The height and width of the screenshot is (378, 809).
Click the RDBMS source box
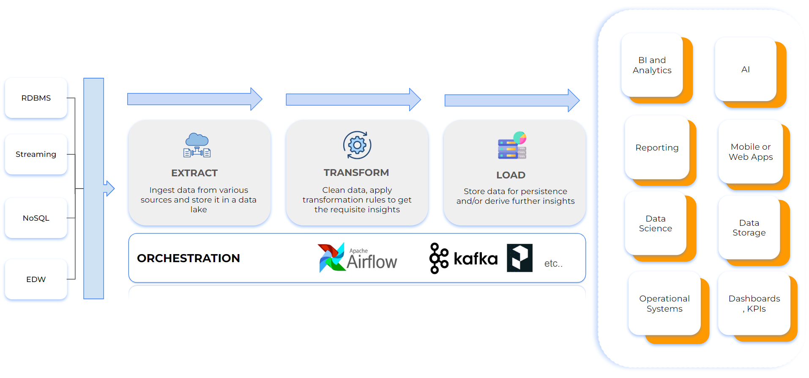point(36,98)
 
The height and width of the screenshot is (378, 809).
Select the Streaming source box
point(36,154)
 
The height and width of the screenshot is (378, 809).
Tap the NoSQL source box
point(36,218)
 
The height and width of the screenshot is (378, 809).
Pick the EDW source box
point(36,279)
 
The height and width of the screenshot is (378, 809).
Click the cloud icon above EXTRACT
point(197,145)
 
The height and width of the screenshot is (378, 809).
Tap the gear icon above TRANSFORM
point(357,145)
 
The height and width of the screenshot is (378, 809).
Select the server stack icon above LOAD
point(512,146)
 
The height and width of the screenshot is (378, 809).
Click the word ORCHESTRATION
point(189,258)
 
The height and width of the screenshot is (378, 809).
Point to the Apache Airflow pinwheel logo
point(331,257)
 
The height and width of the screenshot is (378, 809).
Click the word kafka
point(476,258)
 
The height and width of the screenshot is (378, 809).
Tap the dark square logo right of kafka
point(519,258)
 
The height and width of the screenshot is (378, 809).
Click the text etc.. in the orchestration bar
point(553,263)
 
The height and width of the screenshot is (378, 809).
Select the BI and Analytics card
point(652,66)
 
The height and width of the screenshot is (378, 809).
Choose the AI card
point(746,69)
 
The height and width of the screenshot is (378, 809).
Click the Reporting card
point(657,148)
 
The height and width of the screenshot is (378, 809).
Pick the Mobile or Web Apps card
point(751,152)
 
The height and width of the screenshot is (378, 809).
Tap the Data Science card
point(656,223)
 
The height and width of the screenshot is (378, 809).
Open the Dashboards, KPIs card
point(754,304)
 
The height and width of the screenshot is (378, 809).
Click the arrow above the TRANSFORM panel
point(353,100)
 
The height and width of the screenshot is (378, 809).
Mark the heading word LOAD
point(511,175)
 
